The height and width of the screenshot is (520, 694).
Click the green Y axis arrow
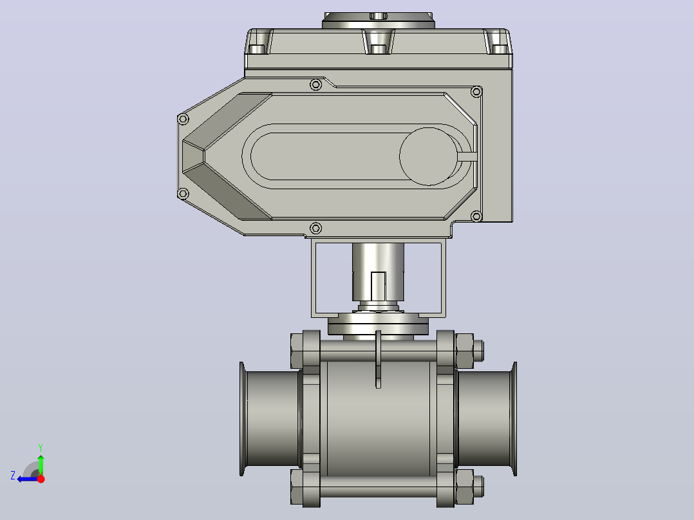pyautogui.click(x=41, y=464)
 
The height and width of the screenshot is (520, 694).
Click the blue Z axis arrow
pyautogui.click(x=28, y=479)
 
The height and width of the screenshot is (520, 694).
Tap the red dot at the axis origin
pyautogui.click(x=41, y=479)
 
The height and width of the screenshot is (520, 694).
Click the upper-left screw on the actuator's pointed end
pyautogui.click(x=183, y=119)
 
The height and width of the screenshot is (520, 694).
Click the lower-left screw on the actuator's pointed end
pyautogui.click(x=183, y=194)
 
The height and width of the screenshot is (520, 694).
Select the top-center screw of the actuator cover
pyautogui.click(x=315, y=84)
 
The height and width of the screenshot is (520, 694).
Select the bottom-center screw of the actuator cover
pyautogui.click(x=315, y=228)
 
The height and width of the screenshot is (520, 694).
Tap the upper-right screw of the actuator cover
pyautogui.click(x=476, y=92)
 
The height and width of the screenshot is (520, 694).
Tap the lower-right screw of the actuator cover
pyautogui.click(x=476, y=216)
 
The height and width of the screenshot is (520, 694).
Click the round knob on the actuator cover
pyautogui.click(x=429, y=156)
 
